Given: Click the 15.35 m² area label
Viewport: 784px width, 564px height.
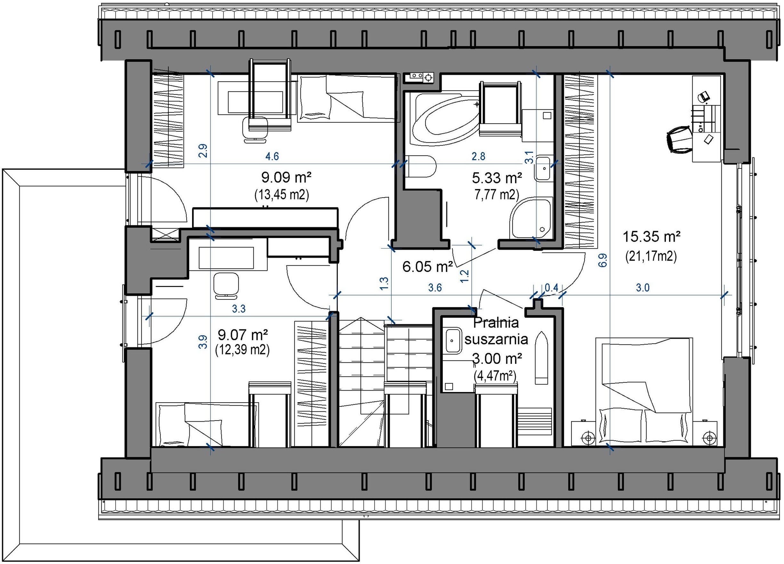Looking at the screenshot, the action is pyautogui.click(x=651, y=237).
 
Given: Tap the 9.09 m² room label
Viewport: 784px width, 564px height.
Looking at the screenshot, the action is pyautogui.click(x=286, y=178).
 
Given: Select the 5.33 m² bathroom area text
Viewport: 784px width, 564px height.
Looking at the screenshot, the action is pyautogui.click(x=497, y=178).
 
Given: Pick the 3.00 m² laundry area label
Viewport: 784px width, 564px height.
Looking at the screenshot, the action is pyautogui.click(x=497, y=359).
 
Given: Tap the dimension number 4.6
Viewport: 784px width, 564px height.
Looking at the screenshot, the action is pyautogui.click(x=272, y=156).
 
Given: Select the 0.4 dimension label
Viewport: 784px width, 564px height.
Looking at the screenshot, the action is pyautogui.click(x=551, y=287).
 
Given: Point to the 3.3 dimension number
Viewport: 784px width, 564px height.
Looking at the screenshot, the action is pyautogui.click(x=238, y=308).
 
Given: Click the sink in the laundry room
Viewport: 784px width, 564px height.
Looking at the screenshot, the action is pyautogui.click(x=452, y=341).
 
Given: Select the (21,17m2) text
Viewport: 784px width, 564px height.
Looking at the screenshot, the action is pyautogui.click(x=651, y=256).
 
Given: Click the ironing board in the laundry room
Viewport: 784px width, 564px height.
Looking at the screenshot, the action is pyautogui.click(x=542, y=357).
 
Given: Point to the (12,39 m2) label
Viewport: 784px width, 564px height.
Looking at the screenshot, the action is pyautogui.click(x=242, y=350).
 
